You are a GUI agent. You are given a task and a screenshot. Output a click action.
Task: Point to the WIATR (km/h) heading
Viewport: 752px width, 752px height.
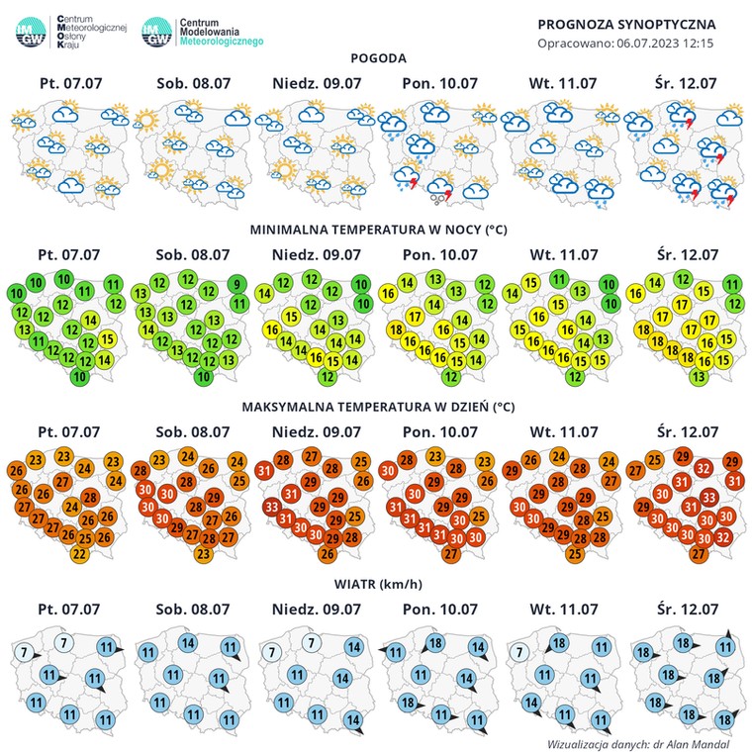[x=378, y=583]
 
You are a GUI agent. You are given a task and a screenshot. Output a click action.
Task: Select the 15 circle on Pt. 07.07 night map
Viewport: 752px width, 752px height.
[x=108, y=339]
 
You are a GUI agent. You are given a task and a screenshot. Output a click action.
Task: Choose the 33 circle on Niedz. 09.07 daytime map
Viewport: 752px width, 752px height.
[x=270, y=508]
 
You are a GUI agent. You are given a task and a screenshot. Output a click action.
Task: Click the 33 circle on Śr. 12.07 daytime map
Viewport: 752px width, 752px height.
[x=708, y=496]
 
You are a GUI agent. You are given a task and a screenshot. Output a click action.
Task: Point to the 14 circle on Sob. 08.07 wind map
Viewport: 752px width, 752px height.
[x=187, y=642]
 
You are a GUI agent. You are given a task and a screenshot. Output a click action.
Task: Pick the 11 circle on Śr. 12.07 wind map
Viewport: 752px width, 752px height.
[x=726, y=647]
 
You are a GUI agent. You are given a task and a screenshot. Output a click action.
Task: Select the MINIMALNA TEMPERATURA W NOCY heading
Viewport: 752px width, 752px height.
[x=378, y=230]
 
